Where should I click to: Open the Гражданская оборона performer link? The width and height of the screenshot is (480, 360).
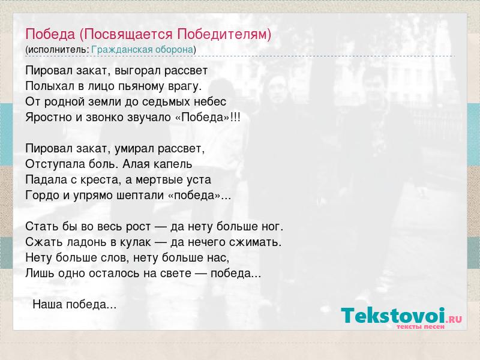point(142,50)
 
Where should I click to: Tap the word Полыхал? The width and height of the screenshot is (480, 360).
point(50,86)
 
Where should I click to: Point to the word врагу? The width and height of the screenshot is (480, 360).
point(185,86)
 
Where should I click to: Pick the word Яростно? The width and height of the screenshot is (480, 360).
point(49,118)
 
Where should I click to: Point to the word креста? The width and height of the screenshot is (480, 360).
point(101,179)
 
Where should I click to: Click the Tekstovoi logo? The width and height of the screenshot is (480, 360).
point(401,318)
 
